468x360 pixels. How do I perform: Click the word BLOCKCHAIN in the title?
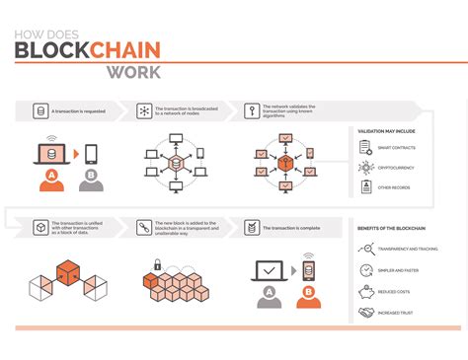pyautogui.click(x=88, y=51)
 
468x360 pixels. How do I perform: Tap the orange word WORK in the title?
pyautogui.click(x=135, y=72)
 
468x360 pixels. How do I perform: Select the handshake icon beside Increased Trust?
pyautogui.click(x=365, y=313)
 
